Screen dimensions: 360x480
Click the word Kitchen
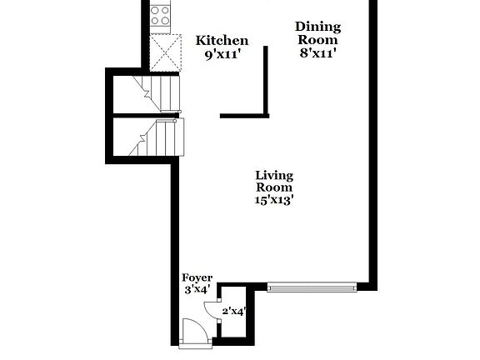pos(222,40)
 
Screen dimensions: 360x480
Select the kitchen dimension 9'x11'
pos(222,55)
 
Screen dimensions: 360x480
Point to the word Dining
pos(317,27)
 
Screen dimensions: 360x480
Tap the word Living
pos(274,175)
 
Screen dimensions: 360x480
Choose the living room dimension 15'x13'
pos(274,200)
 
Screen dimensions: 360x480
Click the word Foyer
pos(197,277)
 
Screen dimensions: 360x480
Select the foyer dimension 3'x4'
pos(197,291)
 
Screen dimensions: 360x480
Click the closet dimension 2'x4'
pos(233,312)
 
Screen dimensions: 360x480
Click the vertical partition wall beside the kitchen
pos(266,79)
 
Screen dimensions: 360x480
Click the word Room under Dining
pos(317,39)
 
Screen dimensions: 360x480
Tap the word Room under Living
pos(274,187)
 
